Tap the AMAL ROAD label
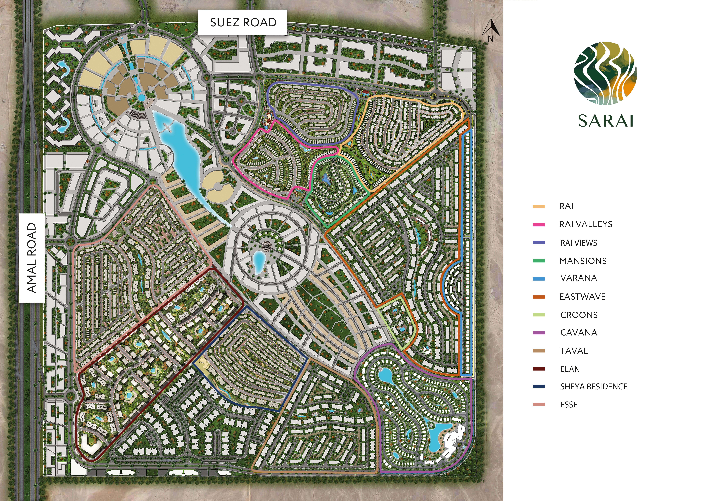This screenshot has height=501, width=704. click(32, 258)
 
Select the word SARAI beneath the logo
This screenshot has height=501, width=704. click(605, 121)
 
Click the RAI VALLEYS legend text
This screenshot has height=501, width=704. click(586, 224)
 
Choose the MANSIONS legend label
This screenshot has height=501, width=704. click(583, 261)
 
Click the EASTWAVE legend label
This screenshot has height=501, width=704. click(582, 297)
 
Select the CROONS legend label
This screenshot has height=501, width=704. click(579, 315)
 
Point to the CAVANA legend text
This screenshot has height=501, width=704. click(578, 333)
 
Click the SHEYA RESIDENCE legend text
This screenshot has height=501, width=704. click(594, 387)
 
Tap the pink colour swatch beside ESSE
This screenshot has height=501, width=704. click(539, 404)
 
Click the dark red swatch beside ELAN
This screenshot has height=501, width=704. click(539, 369)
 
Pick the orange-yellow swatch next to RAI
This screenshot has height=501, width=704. click(539, 206)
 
